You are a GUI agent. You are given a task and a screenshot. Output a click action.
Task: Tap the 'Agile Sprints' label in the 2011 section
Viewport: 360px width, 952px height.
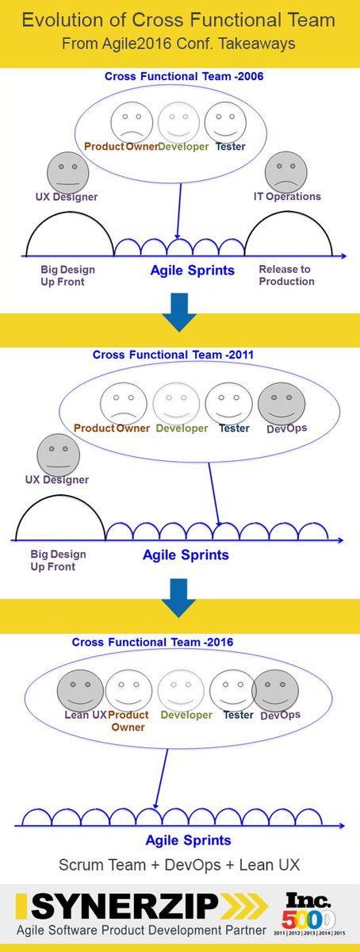186,555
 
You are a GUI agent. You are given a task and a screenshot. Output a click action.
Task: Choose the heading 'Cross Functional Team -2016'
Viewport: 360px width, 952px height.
153,641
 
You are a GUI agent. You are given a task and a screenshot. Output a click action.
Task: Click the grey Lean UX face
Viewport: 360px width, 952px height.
79,689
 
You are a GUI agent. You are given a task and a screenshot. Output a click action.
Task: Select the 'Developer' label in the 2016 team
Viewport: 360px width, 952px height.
186,715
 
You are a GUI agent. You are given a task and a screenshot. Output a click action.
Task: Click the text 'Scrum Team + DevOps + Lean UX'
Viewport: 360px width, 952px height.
180,863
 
